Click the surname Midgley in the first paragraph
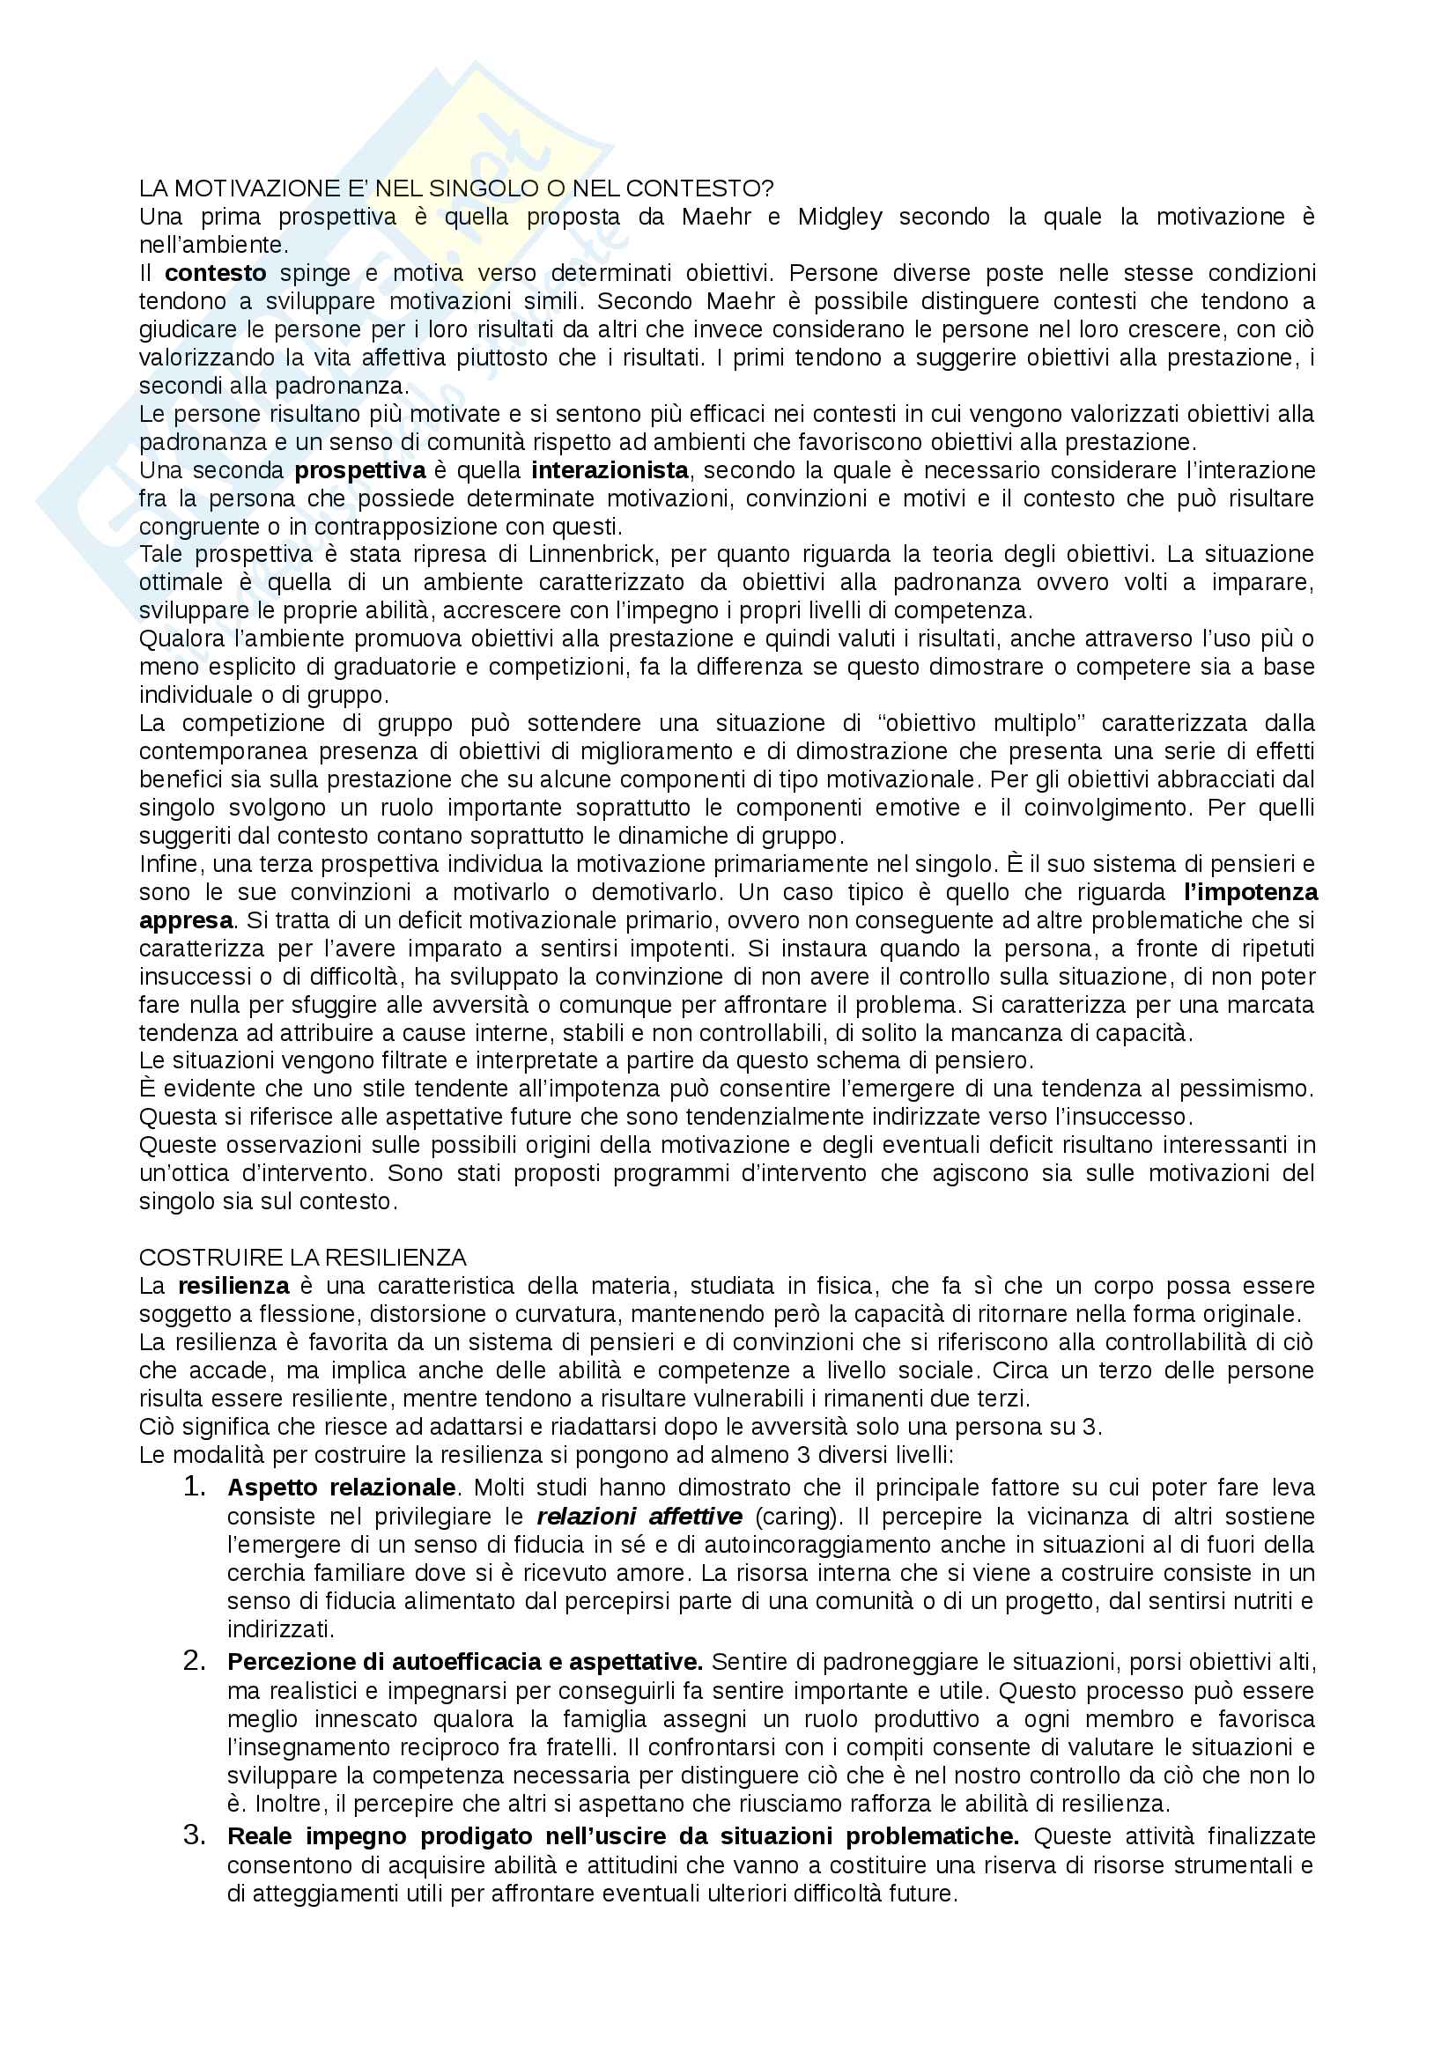point(839,217)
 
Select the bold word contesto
point(215,273)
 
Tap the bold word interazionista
point(610,470)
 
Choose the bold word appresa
point(186,920)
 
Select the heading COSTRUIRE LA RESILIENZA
point(302,1258)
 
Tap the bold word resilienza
point(233,1286)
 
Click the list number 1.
point(195,1487)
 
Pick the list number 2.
point(195,1661)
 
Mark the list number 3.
point(195,1835)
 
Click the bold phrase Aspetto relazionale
point(341,1488)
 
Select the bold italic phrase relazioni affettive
point(639,1517)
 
